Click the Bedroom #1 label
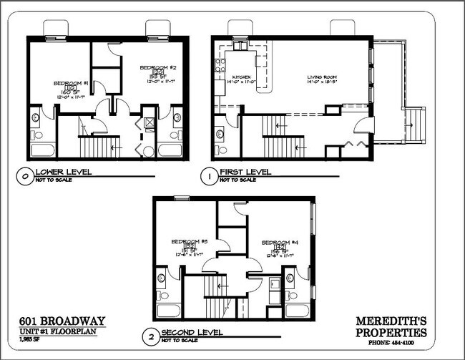point(71,84)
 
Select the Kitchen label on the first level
point(243,77)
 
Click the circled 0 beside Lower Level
point(25,172)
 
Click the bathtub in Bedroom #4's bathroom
point(297,311)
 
